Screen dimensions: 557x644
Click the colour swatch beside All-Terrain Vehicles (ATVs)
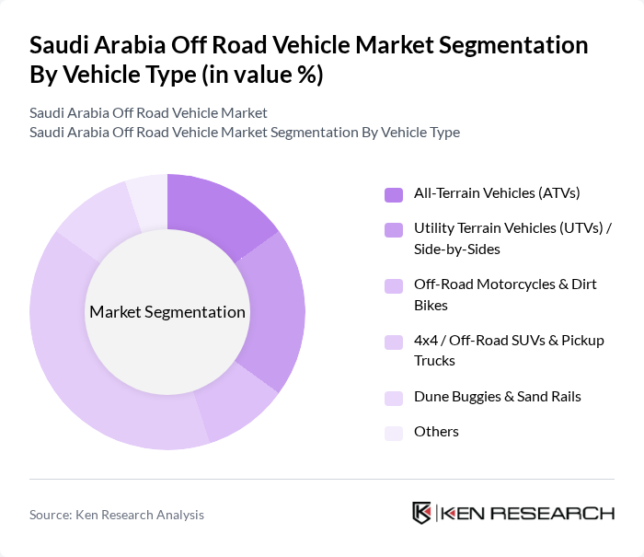(393, 194)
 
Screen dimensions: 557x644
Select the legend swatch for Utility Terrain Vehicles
(393, 228)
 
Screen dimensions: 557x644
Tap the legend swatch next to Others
(393, 433)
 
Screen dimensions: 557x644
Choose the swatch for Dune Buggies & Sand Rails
(393, 398)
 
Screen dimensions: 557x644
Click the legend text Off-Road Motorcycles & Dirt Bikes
(505, 295)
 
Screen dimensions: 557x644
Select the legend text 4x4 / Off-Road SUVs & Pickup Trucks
(509, 351)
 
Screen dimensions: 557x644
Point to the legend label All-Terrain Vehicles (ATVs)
(497, 193)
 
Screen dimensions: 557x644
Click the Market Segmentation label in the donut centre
(167, 312)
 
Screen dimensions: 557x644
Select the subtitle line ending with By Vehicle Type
(244, 133)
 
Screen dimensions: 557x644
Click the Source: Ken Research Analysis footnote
(117, 515)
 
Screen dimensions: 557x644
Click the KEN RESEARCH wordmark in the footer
(528, 514)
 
